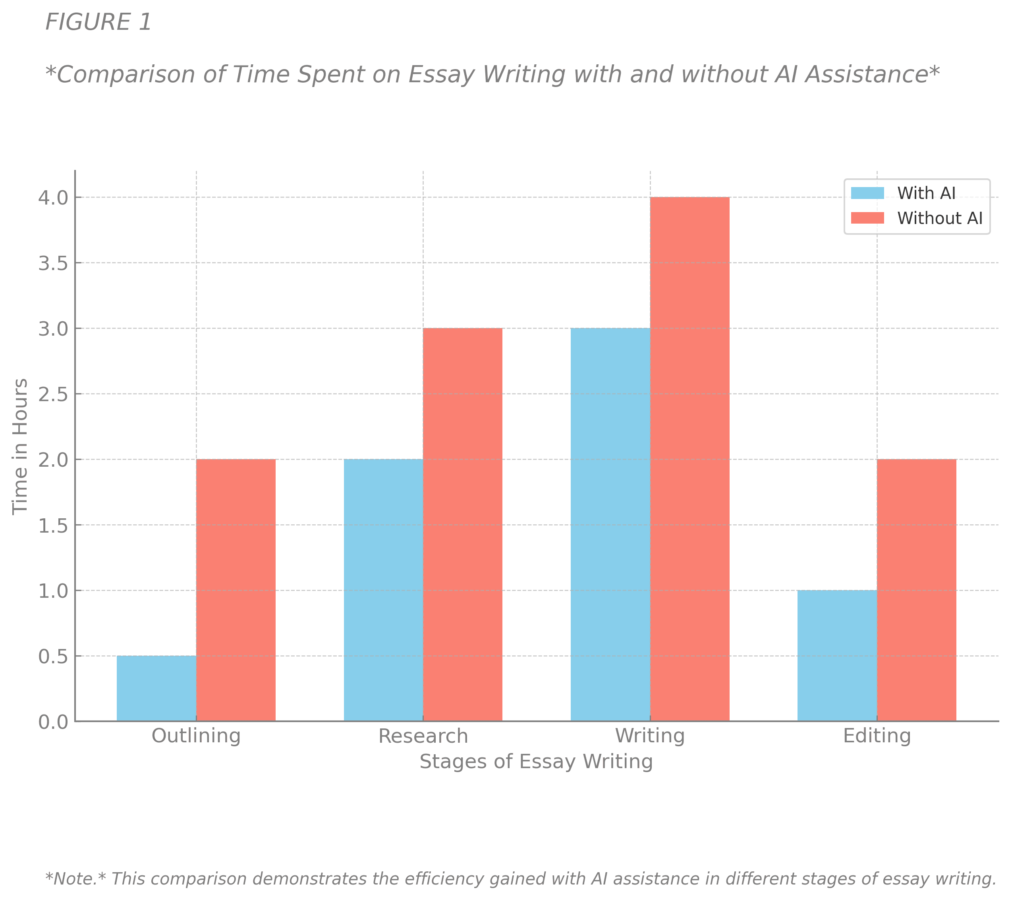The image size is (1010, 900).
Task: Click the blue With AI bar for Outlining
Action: (x=156, y=688)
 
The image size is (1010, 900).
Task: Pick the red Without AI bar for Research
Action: (x=463, y=524)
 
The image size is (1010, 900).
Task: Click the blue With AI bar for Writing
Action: (x=610, y=524)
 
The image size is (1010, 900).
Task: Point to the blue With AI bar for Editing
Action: (x=837, y=656)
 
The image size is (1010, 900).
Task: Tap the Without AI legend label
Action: (x=940, y=218)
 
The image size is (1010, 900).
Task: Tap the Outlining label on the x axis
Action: (x=196, y=736)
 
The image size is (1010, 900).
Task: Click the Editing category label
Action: (x=877, y=736)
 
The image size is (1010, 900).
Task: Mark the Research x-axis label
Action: (x=423, y=736)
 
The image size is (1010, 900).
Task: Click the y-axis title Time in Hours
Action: (x=20, y=446)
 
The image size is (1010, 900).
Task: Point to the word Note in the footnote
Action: (x=74, y=879)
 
